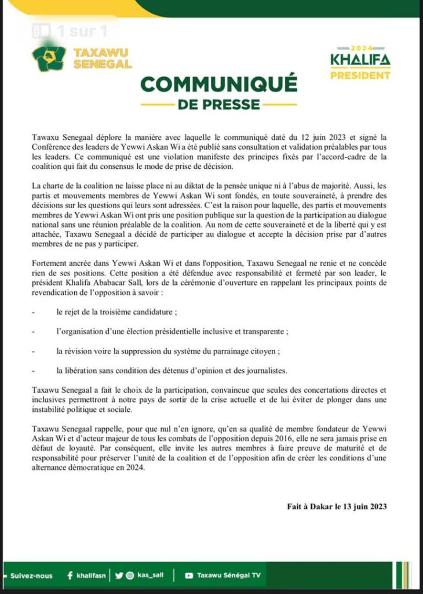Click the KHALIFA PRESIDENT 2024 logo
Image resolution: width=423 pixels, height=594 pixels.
tap(360, 63)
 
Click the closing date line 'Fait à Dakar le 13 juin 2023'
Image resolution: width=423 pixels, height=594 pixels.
tap(337, 506)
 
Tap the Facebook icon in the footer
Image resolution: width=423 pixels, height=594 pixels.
tap(70, 575)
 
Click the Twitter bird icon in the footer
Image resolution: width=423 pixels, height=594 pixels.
tap(119, 575)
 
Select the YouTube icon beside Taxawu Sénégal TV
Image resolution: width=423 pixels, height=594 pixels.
tap(189, 575)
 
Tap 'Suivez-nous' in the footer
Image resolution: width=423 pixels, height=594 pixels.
tap(31, 575)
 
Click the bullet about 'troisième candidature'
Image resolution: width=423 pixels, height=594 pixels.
tap(116, 312)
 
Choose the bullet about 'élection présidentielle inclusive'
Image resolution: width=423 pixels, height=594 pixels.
tap(172, 331)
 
